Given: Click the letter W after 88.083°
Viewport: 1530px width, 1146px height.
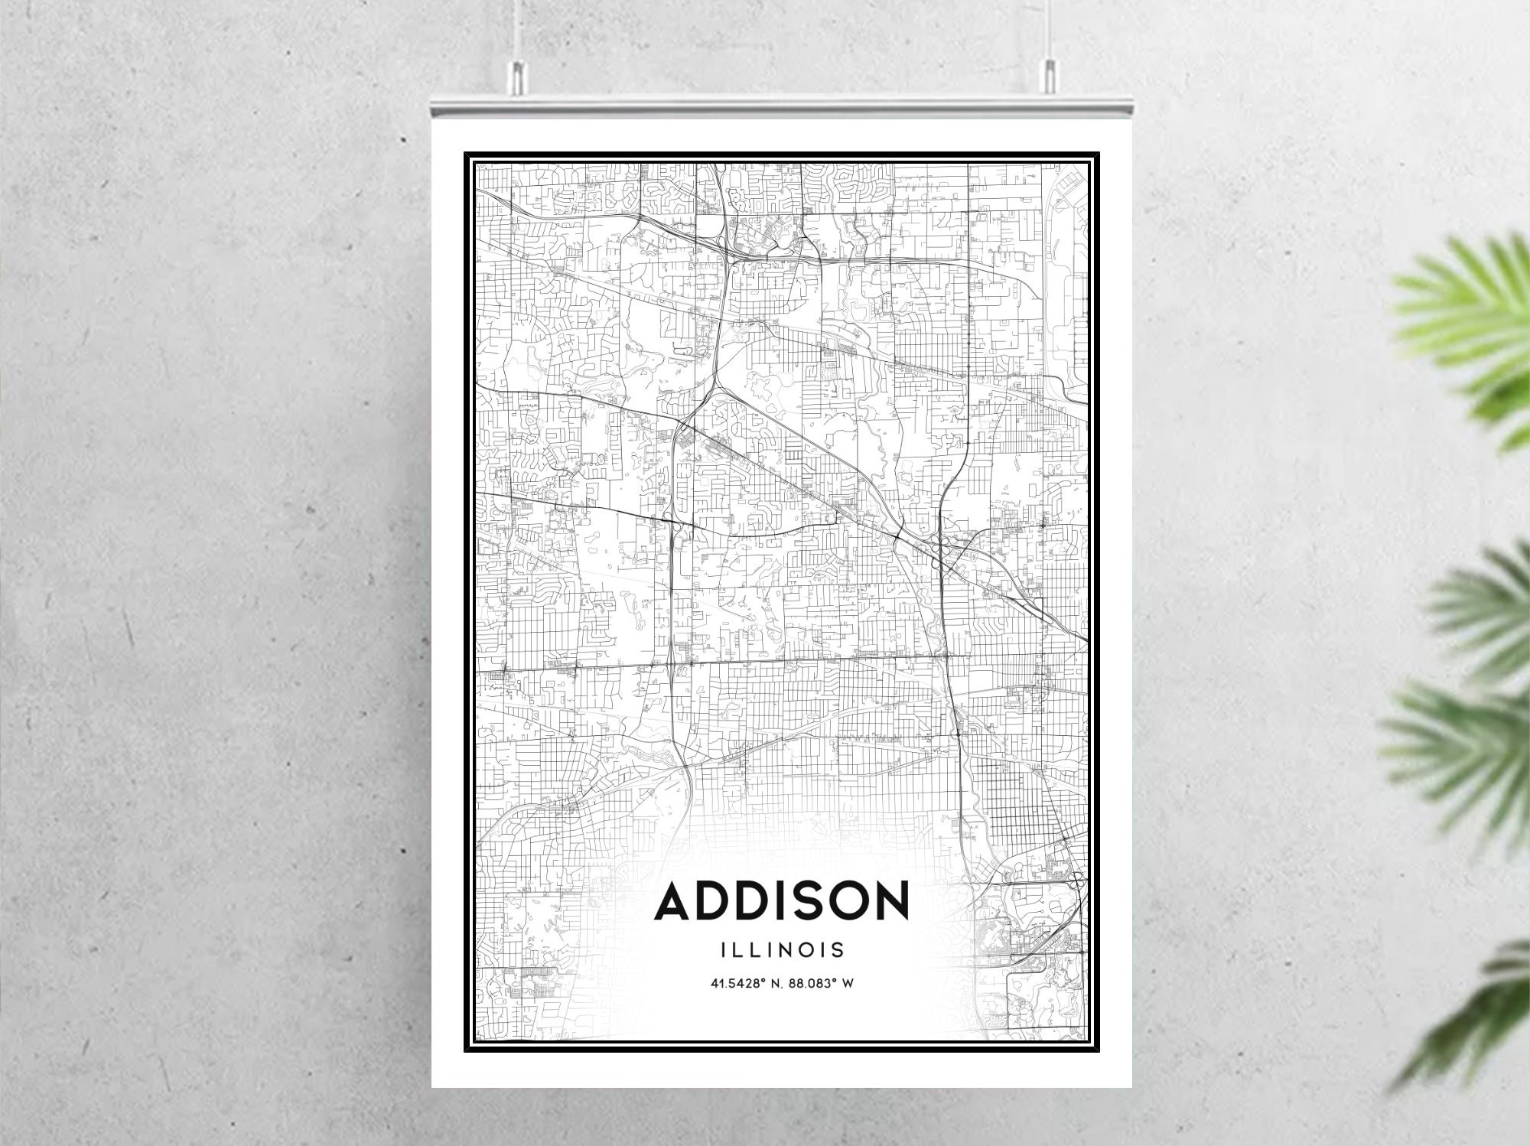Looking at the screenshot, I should tap(848, 984).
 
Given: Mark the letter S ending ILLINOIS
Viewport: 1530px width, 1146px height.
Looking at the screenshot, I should tap(838, 949).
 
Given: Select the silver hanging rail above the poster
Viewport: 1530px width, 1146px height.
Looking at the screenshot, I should tap(781, 108).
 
